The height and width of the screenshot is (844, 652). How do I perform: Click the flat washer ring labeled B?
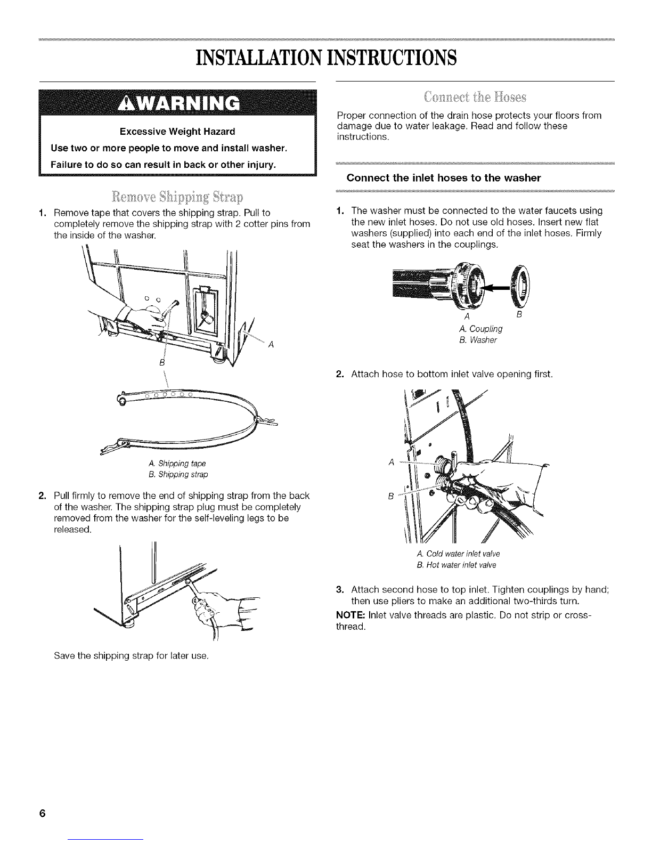521,283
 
